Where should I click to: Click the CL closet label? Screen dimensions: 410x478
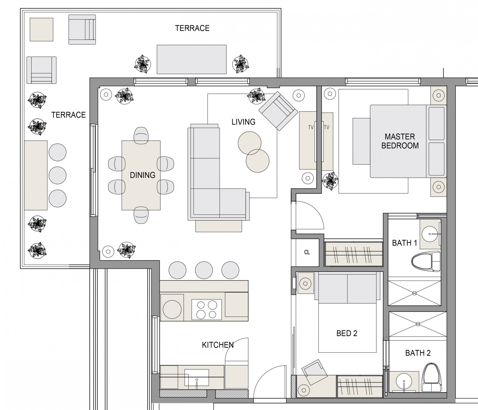coord(307,252)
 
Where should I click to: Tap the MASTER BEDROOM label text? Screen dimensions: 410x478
coord(400,141)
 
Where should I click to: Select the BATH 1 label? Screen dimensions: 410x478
coord(404,243)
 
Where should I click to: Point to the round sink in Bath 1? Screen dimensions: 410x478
coord(430,234)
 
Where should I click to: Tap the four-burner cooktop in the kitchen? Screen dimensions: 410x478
coord(206,310)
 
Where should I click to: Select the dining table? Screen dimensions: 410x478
coord(141,175)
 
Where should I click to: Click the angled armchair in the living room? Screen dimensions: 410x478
coord(277,111)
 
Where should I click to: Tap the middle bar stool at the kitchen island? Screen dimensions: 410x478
coord(204,270)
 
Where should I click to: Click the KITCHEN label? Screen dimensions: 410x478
coord(218,345)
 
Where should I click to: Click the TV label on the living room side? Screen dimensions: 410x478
coord(311,127)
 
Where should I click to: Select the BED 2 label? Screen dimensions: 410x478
coord(347,333)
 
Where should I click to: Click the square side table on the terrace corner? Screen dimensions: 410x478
coord(41,30)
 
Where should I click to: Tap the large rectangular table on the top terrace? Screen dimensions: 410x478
coord(191,59)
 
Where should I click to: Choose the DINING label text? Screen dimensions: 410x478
coord(143,175)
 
